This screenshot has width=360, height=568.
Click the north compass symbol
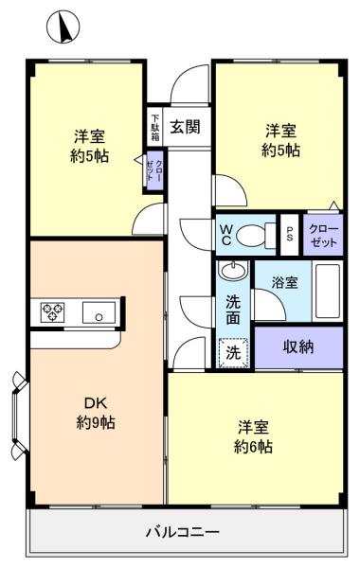(x=63, y=27)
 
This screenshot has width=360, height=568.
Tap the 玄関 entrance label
(x=186, y=127)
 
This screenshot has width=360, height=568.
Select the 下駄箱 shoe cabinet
(x=155, y=127)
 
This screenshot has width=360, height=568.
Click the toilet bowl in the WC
(x=251, y=236)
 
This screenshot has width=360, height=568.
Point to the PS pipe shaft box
(x=290, y=235)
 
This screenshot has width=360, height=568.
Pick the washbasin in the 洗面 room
(x=233, y=270)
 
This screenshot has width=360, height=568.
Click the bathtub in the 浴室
(x=328, y=291)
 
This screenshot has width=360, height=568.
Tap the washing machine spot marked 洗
(x=233, y=353)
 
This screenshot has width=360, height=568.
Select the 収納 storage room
(x=298, y=347)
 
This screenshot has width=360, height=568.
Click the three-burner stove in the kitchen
(x=52, y=311)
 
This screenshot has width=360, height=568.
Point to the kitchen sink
(x=99, y=312)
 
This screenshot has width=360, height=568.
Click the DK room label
(x=96, y=402)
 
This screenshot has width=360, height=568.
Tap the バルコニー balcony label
(x=183, y=532)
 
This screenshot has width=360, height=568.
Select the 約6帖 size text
(x=253, y=447)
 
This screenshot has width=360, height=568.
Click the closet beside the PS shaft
(x=323, y=235)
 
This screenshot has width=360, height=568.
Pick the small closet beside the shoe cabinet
(x=154, y=171)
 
